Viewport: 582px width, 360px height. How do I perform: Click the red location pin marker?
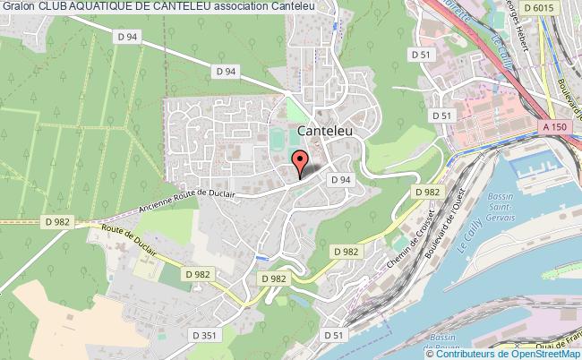(x=300, y=162)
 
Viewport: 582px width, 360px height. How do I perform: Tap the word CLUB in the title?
(x=52, y=8)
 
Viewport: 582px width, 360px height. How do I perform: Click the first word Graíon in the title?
(x=18, y=8)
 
